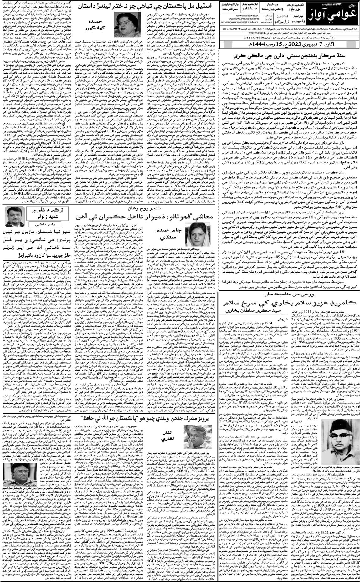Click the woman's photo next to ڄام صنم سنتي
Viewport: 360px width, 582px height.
click(x=193, y=231)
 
